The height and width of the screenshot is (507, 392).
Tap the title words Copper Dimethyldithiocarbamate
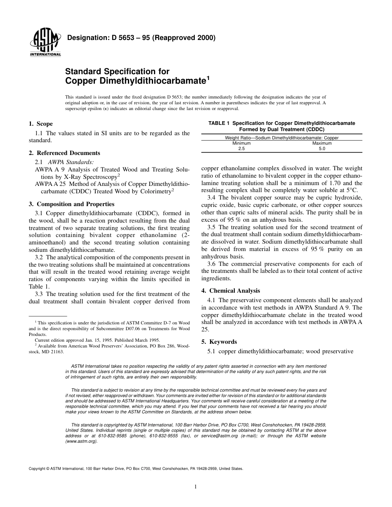[x=136, y=80]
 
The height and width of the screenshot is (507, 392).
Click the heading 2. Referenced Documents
[x=64, y=153]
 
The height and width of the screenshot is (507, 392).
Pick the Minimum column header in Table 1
[x=241, y=143]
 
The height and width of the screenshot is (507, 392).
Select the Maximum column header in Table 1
[x=322, y=143]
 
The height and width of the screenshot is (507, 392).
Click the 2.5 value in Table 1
[x=241, y=148]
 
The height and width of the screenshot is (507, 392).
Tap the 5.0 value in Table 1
[x=322, y=148]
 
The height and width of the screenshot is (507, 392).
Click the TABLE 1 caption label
[x=219, y=123]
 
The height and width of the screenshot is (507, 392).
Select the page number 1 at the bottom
[x=196, y=486]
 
